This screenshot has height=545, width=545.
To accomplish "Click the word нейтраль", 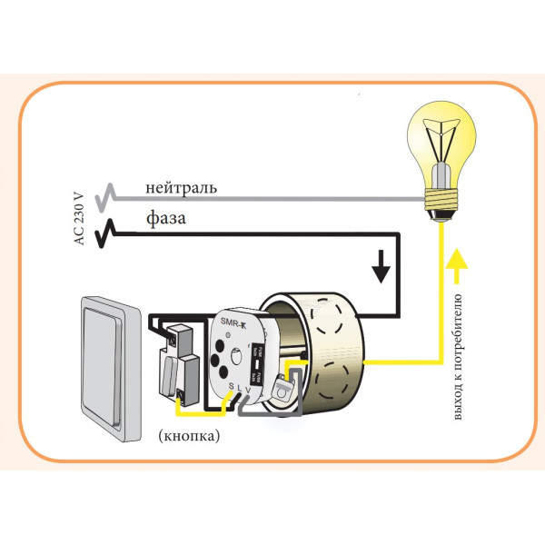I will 180,189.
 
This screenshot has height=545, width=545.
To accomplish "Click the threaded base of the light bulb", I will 442,202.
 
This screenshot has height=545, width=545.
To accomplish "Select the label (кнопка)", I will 188,435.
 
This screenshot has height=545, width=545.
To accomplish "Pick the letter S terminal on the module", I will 231,388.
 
